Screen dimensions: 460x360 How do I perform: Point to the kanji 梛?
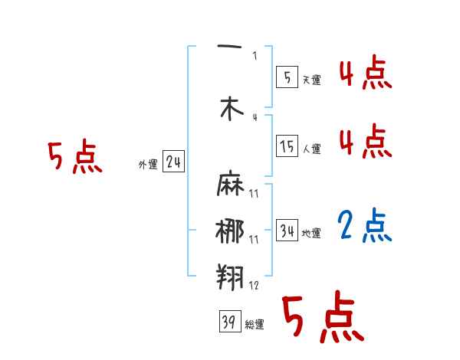[x=230, y=231]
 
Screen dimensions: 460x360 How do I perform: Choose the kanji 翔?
[x=230, y=276]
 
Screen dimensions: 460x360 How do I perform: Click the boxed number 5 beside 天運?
[x=286, y=77]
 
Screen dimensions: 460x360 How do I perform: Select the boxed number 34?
[x=287, y=231]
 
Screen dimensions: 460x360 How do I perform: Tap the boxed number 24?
[x=173, y=162]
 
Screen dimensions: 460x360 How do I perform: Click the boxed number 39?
[x=228, y=322]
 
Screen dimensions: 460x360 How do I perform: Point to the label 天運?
[x=311, y=80]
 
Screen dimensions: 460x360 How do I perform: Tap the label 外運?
[x=148, y=164]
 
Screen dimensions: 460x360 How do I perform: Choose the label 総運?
[x=255, y=325]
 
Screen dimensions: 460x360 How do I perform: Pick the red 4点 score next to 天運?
[x=365, y=75]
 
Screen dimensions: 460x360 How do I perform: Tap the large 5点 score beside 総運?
[x=322, y=318]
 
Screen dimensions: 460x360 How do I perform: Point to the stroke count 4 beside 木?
[x=255, y=117]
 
